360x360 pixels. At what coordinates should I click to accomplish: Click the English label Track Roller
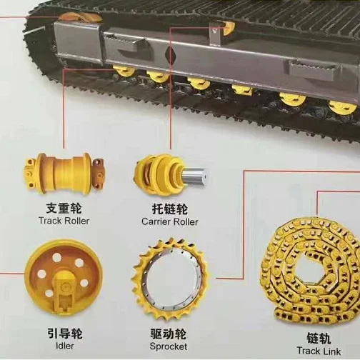(x=65, y=221)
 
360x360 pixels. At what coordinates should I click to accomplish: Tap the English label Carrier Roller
(x=170, y=221)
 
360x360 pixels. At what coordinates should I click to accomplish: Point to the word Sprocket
(x=169, y=346)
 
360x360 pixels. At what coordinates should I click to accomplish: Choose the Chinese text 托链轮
(x=170, y=209)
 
